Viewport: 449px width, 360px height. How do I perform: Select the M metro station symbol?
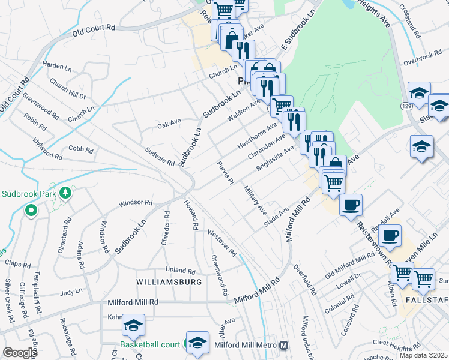(283, 346)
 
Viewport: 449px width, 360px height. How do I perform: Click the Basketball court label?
(150, 345)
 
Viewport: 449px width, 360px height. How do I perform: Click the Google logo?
(20, 353)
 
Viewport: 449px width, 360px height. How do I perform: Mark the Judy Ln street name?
(71, 293)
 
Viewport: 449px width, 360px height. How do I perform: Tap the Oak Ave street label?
(169, 124)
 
